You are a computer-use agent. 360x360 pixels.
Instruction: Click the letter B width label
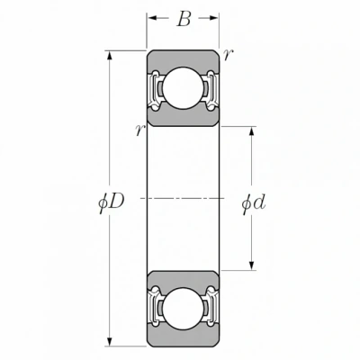coord(184,19)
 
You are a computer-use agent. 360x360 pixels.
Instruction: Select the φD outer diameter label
coord(112,203)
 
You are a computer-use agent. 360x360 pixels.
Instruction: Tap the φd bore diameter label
coord(254,204)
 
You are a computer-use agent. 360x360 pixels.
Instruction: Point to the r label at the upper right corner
coord(228,55)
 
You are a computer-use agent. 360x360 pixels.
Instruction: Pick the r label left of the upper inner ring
coord(140,130)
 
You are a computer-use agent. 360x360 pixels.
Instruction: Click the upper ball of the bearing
coord(183,88)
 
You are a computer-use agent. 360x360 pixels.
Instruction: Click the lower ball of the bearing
coord(183,309)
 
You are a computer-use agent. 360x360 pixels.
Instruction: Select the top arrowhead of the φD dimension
coord(110,57)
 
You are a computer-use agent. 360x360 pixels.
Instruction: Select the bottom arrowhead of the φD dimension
coord(110,341)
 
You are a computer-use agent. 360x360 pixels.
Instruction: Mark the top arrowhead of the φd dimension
coord(252,131)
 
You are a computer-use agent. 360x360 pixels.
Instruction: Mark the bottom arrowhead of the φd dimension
coord(252,265)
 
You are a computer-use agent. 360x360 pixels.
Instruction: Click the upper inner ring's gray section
coord(183,118)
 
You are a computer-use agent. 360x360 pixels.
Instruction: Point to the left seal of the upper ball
coord(156,89)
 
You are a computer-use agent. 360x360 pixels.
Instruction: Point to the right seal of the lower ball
coord(211,308)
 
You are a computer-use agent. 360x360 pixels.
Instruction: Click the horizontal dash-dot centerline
coord(183,198)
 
